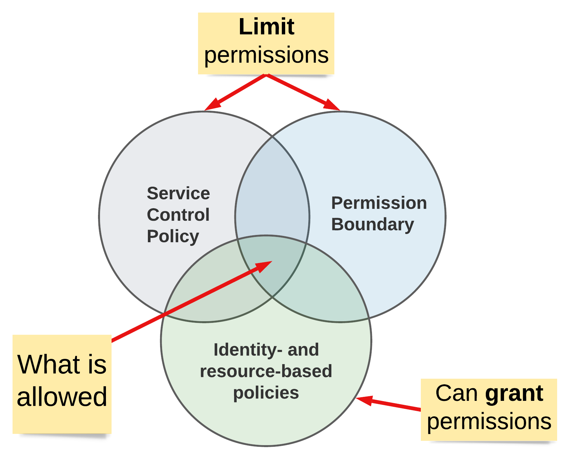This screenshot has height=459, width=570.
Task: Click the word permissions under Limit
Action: coord(266,55)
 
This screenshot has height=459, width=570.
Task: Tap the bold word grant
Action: coord(514,394)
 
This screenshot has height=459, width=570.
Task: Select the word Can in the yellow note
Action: coord(456,393)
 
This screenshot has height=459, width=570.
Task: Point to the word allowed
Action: coord(62,397)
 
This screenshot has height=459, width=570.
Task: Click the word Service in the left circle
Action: coord(178,193)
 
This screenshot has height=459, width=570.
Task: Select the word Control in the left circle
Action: coord(178,215)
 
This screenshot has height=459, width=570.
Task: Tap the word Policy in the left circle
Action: coord(173,236)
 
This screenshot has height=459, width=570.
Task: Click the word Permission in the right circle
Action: coord(379,203)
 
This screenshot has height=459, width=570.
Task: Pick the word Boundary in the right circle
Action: coord(372,224)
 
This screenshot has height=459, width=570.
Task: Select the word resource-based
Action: coord(266,371)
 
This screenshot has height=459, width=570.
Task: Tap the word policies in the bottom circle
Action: coord(266,393)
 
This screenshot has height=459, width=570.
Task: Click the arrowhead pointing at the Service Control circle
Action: coord(212,105)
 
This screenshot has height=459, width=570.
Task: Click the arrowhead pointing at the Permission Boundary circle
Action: coord(332,105)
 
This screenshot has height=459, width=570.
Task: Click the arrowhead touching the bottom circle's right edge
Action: coord(365,400)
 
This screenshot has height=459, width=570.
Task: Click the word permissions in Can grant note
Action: coord(489,421)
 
